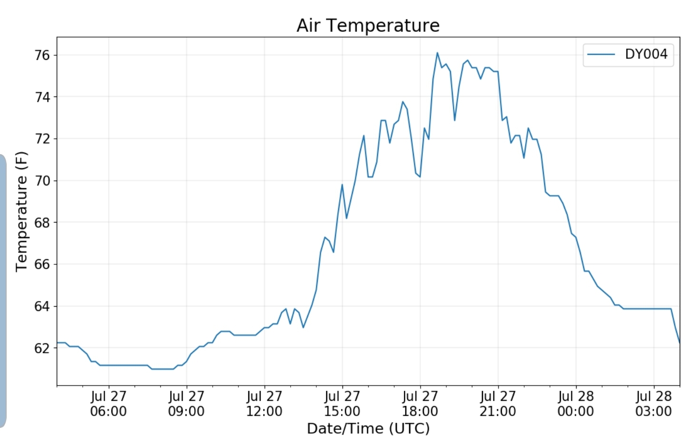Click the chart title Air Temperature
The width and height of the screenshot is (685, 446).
[368, 26]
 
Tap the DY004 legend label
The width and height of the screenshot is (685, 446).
[646, 54]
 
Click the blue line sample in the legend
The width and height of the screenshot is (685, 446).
[601, 54]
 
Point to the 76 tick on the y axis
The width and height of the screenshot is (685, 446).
[42, 55]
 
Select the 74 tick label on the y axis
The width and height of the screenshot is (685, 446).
[42, 97]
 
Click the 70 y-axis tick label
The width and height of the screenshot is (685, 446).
[42, 181]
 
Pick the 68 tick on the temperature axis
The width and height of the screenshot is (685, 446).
[42, 223]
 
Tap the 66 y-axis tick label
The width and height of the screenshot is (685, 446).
[42, 264]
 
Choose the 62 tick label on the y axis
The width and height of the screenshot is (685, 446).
[42, 348]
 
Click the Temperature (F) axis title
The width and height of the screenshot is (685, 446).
[22, 212]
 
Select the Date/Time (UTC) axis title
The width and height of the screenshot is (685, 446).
[368, 428]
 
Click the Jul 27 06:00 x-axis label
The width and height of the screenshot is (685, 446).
[108, 404]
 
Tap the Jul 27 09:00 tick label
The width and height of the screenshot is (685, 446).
[186, 404]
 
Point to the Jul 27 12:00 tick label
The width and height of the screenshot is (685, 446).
[264, 404]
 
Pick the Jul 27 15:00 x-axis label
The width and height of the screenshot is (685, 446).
[342, 404]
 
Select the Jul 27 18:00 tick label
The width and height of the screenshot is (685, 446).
[420, 404]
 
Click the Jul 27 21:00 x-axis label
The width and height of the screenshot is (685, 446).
[498, 404]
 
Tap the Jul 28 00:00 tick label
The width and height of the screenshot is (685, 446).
[576, 404]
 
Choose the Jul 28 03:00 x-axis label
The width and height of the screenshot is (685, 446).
[654, 404]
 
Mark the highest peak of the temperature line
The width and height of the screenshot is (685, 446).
[437, 53]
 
